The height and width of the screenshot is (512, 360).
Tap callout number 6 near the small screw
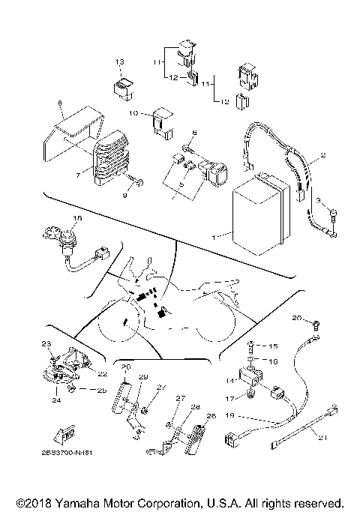click(x=193, y=133)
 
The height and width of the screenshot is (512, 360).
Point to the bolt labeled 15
click(x=253, y=346)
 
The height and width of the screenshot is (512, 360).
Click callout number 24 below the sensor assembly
click(x=55, y=400)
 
